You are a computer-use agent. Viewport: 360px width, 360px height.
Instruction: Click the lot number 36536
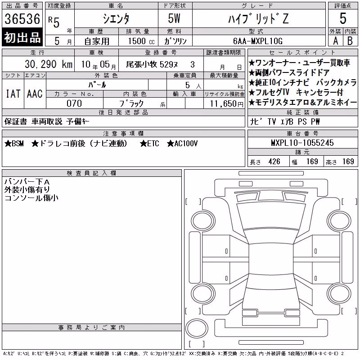point(22,18)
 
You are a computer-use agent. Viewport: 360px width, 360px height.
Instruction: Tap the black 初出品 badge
point(22,37)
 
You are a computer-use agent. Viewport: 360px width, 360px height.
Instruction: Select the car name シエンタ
point(116,18)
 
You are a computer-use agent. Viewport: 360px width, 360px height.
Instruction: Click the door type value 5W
point(174,18)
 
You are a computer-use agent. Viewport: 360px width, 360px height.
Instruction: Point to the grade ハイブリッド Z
point(258,18)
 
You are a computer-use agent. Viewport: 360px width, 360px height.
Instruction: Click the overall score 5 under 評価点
point(343,18)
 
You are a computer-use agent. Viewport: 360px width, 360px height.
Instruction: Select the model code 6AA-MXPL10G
point(258,41)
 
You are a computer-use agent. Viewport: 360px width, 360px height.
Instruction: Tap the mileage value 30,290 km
point(49,64)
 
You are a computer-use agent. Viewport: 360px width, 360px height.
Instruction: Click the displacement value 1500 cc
point(141,41)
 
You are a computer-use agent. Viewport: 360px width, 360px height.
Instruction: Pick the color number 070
point(74,103)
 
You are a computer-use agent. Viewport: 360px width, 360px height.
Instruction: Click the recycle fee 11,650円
point(227,104)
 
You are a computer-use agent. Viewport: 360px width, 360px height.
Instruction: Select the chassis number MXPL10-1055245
point(302,143)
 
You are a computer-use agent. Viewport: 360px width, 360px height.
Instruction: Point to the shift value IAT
point(13,94)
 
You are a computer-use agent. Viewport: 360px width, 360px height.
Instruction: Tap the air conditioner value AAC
point(35,94)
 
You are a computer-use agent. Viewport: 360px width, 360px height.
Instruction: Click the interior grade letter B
point(350,41)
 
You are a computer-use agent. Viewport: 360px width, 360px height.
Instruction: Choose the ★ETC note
point(149,144)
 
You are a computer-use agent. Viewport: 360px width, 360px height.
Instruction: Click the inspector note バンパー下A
point(27,182)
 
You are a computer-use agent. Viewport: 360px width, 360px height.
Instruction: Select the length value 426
point(274,162)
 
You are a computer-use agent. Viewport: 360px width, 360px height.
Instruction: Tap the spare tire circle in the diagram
point(197,328)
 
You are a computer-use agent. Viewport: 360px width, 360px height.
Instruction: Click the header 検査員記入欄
point(91,173)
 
